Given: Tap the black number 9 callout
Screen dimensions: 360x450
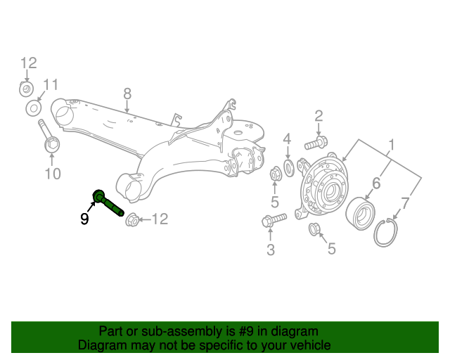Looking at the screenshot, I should point(84,219).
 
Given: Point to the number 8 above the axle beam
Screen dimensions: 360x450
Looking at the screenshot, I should point(127,94).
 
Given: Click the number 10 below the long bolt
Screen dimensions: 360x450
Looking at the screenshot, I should point(53,173).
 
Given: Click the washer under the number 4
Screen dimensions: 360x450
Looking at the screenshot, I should point(288,168).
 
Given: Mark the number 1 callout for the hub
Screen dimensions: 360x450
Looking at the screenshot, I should point(391,146).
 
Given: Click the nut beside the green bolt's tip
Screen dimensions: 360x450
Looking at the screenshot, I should point(131,221).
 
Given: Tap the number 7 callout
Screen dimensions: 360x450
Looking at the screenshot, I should point(404,205).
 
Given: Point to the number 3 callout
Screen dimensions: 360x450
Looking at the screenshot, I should point(271,248).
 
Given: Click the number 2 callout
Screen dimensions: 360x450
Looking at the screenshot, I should point(318,116).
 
